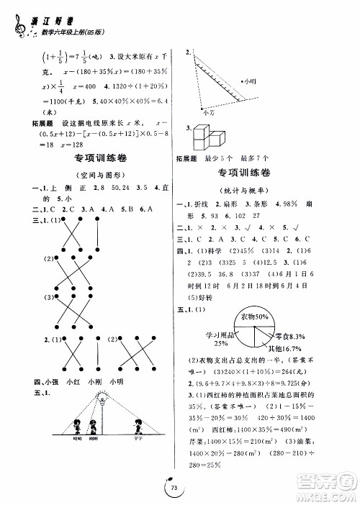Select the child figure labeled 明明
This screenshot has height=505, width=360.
pyautogui.click(x=77, y=424)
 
